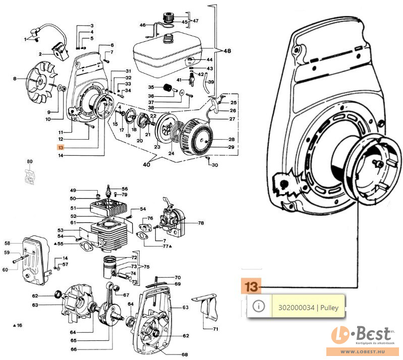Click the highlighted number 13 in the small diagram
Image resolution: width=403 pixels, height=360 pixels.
(x=61, y=148)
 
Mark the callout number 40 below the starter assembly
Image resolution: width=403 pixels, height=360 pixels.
(x=147, y=164)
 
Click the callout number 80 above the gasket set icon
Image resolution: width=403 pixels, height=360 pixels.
(x=30, y=162)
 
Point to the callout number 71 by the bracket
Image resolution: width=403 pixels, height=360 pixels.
(x=215, y=329)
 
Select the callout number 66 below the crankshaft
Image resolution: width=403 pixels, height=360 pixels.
(x=74, y=349)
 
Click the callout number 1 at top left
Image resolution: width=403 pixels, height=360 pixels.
(x=25, y=39)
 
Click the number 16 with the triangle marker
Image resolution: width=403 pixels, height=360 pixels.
(x=19, y=325)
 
